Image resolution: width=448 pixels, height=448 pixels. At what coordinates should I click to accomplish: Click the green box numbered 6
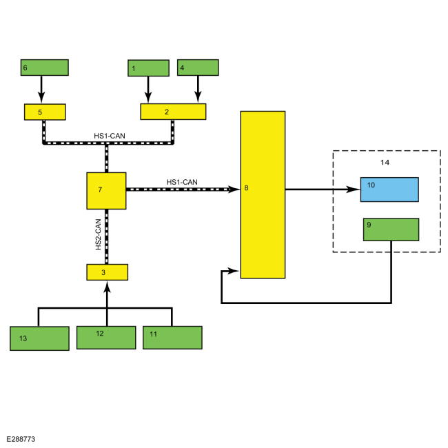coord(45,68)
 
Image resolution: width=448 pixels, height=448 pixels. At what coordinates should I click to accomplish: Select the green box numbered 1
coord(149,68)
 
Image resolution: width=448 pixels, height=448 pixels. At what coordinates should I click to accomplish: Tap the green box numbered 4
coord(198,68)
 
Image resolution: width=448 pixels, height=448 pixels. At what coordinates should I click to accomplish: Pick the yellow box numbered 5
coord(45,112)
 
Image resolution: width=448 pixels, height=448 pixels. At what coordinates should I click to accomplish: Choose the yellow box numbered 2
coord(173,112)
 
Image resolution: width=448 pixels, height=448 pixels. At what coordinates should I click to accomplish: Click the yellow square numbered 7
coord(107,191)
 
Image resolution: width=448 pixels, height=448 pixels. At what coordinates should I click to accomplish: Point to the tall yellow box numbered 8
coord(263,194)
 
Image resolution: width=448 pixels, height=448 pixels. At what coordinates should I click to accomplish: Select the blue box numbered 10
coord(389,190)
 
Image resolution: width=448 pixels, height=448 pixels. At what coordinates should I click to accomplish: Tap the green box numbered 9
coord(391,230)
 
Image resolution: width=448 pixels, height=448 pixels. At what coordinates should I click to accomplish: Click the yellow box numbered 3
coord(108,272)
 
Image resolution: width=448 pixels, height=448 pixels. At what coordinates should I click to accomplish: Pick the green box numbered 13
coord(39,338)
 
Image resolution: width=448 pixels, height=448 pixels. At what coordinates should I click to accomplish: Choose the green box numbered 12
coord(106,338)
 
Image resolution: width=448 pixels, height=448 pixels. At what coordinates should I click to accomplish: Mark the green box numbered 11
coord(172,338)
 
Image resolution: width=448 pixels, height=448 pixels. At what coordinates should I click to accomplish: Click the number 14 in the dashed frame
coord(385,163)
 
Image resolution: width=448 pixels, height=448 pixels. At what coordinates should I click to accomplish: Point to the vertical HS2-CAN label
coord(99,234)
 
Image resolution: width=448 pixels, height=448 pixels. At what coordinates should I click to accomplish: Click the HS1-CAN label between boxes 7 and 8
coord(182,182)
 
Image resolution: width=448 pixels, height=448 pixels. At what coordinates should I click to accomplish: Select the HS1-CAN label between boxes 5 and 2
coord(110,136)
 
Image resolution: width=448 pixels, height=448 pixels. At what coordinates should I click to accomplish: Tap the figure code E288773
coord(21,439)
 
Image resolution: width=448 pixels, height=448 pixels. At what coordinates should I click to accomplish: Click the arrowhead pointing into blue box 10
coord(353,189)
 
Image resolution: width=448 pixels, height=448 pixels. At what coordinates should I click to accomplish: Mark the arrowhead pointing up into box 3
coord(107,287)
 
